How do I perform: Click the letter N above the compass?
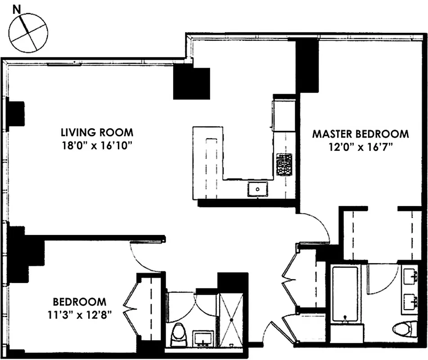point(17,9)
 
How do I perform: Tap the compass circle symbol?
point(28,33)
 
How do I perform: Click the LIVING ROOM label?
point(97,133)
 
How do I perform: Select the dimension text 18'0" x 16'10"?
point(97,146)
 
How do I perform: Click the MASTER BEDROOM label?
point(360,134)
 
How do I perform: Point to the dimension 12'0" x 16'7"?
point(360,147)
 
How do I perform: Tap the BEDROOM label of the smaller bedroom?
point(79,302)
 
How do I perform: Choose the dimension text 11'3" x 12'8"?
point(79,315)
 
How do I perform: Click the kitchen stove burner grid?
point(284,164)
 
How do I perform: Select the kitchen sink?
point(258,189)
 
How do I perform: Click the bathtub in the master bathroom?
point(345,294)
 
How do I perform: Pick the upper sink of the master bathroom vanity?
point(410,276)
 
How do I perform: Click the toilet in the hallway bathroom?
point(178,334)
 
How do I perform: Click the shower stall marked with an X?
point(231,320)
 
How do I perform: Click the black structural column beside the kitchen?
point(192,83)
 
